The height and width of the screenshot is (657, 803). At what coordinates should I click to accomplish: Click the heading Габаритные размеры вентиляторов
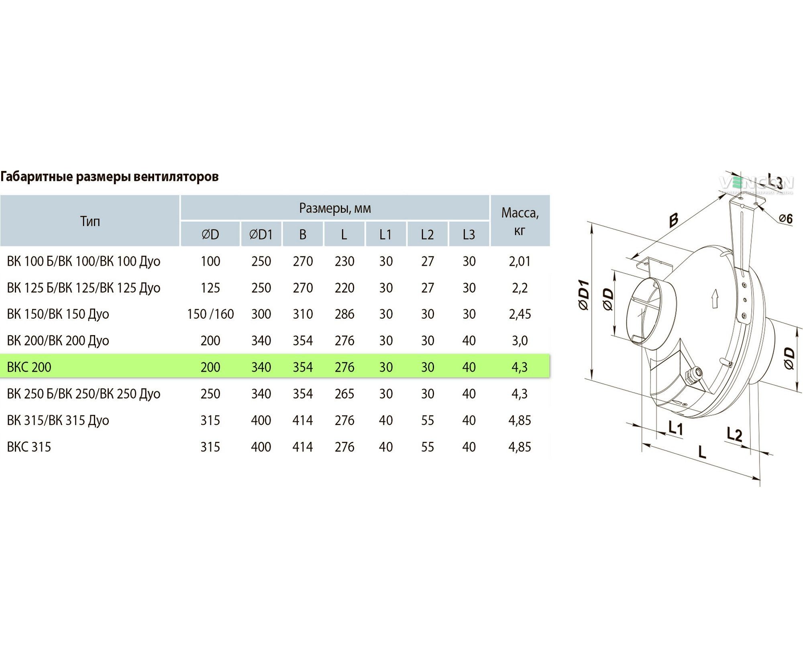click(x=110, y=177)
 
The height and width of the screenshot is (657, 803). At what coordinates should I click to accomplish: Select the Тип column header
click(x=90, y=221)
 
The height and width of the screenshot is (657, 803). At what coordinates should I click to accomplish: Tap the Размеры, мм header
click(x=335, y=208)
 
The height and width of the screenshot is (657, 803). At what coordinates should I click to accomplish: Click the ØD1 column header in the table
click(x=261, y=234)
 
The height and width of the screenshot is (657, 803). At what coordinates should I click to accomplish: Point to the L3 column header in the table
click(x=469, y=234)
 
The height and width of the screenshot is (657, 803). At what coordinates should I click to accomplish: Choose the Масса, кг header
click(x=520, y=221)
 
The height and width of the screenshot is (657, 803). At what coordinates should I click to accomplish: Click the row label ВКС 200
click(x=29, y=367)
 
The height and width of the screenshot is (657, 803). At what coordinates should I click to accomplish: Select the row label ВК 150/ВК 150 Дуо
click(x=58, y=314)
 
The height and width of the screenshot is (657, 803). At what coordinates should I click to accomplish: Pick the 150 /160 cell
click(x=210, y=314)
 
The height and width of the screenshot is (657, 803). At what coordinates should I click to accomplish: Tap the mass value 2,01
click(x=520, y=261)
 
